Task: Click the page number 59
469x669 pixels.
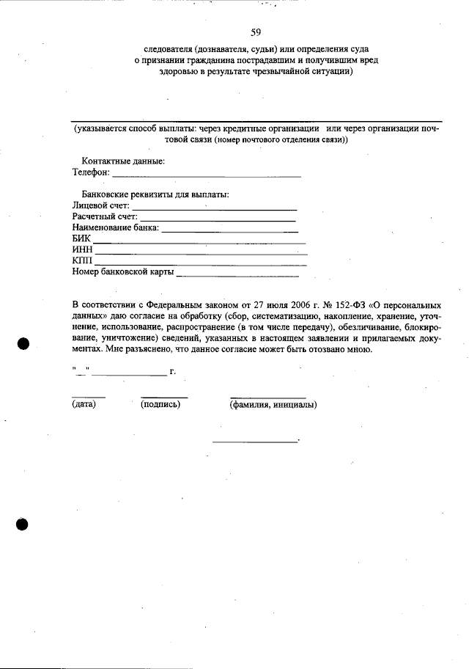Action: (256, 32)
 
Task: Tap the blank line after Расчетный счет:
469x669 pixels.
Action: (218, 219)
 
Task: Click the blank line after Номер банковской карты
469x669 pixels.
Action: (237, 276)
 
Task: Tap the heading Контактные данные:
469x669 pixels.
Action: (123, 161)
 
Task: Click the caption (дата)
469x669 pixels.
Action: (84, 404)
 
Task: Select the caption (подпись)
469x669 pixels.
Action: (160, 404)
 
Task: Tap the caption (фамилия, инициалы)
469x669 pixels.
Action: (273, 404)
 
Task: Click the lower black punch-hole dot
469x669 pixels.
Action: (23, 524)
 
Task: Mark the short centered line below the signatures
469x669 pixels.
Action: (256, 442)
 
